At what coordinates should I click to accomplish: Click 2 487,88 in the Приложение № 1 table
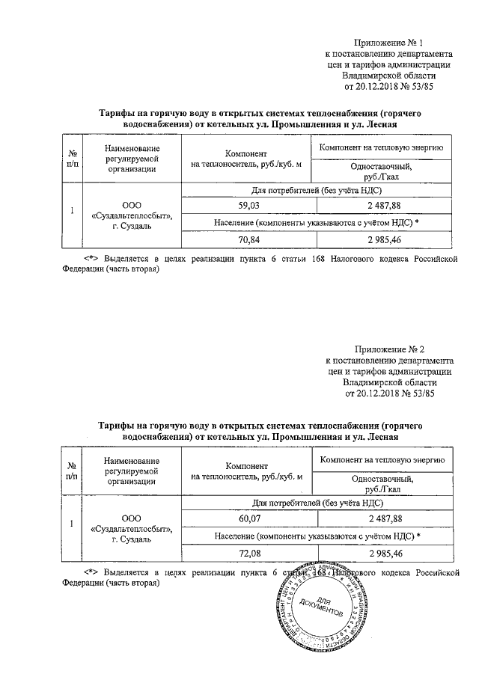385,205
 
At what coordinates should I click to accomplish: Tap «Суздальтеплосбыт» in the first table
131,215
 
